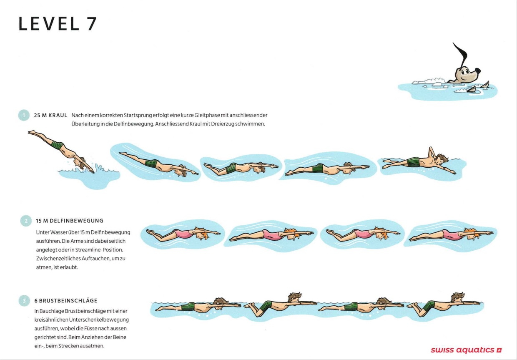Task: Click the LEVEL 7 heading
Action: (58, 23)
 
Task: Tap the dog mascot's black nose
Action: (477, 70)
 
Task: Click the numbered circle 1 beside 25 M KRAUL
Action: (24, 115)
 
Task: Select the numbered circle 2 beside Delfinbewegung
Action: (26, 221)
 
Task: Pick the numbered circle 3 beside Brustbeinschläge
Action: (24, 301)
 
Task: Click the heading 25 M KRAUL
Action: (50, 115)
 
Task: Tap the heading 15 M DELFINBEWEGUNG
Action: (70, 221)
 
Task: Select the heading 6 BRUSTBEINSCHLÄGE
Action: (66, 301)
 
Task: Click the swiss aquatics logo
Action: (466, 350)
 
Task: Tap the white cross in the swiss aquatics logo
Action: (499, 350)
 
